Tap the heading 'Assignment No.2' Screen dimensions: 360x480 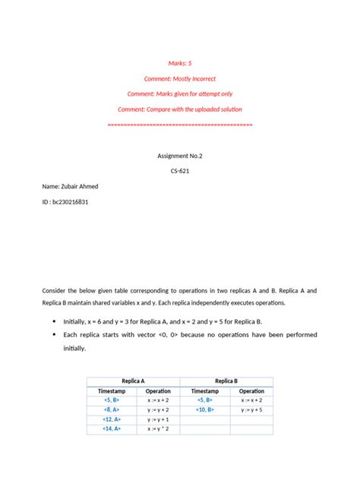pos(180,155)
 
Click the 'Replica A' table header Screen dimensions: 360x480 pos(134,381)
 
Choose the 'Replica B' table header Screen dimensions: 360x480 pos(226,381)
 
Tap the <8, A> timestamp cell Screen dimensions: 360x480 pos(111,409)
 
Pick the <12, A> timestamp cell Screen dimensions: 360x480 pos(111,418)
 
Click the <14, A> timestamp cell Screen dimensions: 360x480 pos(111,428)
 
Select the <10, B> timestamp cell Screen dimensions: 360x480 pos(204,409)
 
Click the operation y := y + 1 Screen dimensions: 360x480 pos(158,418)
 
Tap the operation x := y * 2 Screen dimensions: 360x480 pos(158,428)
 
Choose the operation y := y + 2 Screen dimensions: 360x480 pos(158,409)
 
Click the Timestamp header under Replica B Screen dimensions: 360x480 pos(204,390)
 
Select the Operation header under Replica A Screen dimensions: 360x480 pos(158,390)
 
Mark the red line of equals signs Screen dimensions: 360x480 pos(180,123)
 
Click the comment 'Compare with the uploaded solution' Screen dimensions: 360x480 pos(180,109)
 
